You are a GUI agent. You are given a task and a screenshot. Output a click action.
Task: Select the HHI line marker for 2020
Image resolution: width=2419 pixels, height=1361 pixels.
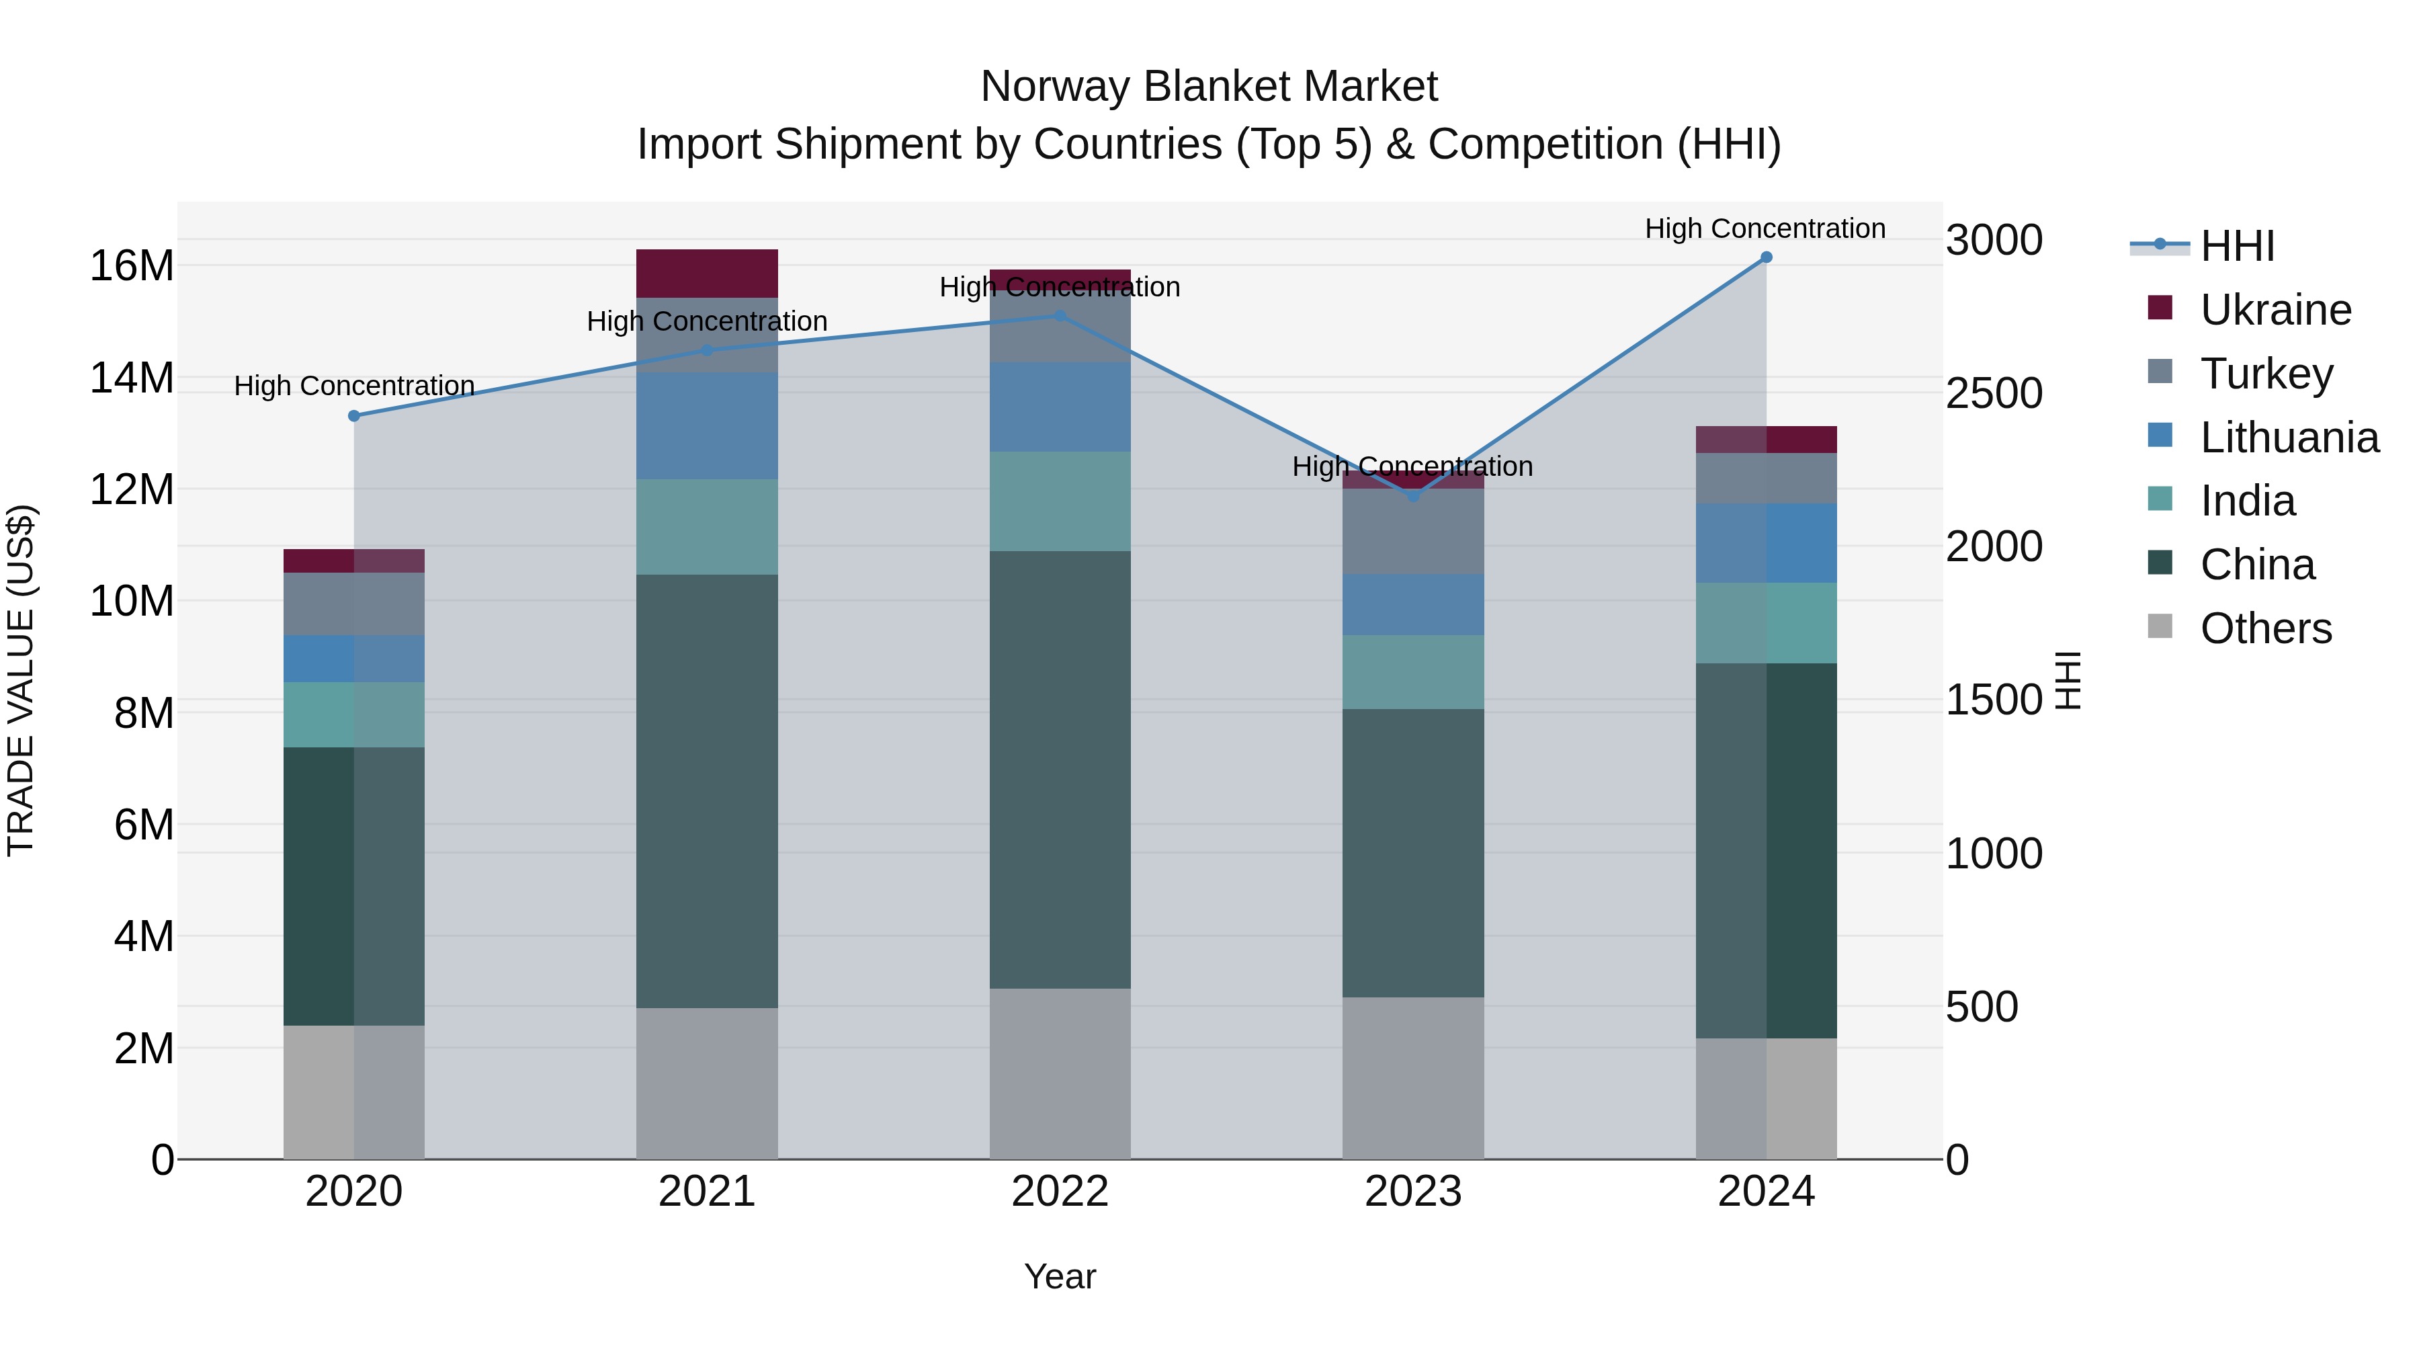point(354,416)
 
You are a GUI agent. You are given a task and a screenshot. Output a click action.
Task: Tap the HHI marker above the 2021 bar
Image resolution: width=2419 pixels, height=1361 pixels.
point(707,350)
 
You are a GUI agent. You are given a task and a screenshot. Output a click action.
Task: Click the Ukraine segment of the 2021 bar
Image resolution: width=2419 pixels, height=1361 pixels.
point(707,274)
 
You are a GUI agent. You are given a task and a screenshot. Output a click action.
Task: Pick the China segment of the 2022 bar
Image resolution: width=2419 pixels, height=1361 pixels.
point(1060,770)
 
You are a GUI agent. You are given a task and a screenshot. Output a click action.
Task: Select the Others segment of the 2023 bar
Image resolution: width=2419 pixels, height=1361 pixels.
point(1413,1077)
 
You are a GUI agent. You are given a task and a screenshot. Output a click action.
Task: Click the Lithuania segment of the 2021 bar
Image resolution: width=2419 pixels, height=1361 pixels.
point(707,425)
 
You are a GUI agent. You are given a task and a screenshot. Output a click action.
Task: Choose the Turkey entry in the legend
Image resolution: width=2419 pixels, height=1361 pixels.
point(2265,374)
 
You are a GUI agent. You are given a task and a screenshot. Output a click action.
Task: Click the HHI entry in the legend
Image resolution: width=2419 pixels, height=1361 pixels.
point(2237,246)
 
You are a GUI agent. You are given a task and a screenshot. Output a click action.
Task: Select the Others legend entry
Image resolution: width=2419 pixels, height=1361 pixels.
point(2265,628)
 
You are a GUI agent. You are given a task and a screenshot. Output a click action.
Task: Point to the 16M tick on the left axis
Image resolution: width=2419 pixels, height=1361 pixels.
point(132,265)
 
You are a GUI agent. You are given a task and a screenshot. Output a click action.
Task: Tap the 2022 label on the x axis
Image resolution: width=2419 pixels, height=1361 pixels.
point(1060,1192)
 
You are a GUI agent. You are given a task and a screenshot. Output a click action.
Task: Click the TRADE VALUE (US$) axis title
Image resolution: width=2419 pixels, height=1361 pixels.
point(21,680)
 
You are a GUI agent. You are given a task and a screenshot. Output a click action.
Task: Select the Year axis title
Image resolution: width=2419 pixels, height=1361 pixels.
point(1060,1276)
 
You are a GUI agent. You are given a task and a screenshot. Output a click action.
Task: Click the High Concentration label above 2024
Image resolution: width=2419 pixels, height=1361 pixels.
point(1765,229)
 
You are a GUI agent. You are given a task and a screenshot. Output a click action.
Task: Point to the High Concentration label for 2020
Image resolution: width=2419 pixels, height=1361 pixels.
point(354,386)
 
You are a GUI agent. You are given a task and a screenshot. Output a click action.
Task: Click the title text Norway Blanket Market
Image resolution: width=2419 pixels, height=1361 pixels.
point(1209,87)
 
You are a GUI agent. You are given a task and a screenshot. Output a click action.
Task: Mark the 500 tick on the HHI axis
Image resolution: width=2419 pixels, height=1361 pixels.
point(1982,1007)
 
